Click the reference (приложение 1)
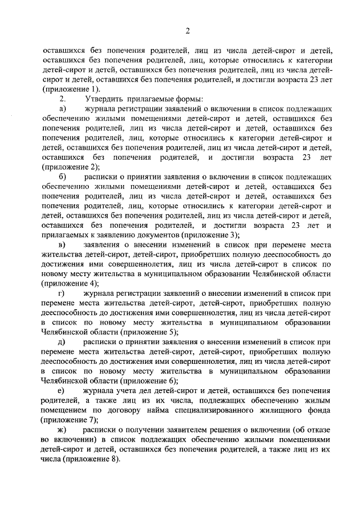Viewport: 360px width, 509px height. coord(71,89)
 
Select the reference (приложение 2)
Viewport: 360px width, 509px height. coord(71,166)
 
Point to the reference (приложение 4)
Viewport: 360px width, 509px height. coord(71,283)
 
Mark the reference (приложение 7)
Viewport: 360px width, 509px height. coord(71,420)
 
